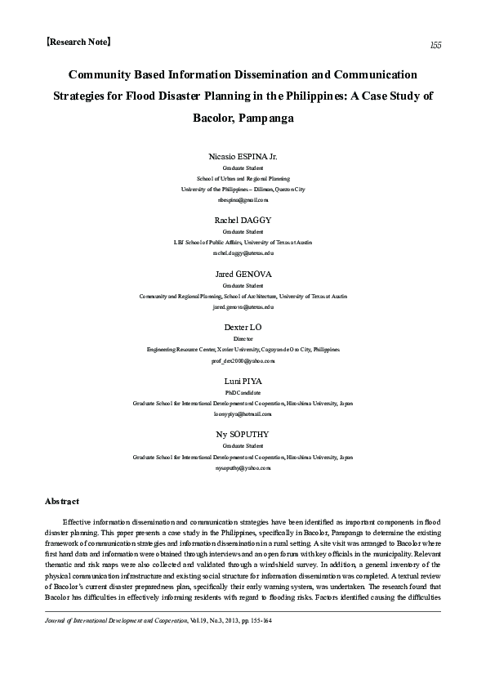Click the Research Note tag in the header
pos(79,40)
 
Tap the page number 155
pos(435,45)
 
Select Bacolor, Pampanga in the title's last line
pos(243,118)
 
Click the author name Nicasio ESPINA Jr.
pos(243,154)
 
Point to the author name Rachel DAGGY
pos(243,220)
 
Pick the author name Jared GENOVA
pos(243,274)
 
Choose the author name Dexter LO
pos(243,328)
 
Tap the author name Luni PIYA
pos(243,382)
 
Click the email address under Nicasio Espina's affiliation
pos(243,199)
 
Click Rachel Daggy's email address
pos(243,253)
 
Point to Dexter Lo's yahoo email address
pos(243,360)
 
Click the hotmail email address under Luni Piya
pos(243,414)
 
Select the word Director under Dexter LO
pos(243,338)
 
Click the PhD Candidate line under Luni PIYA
pos(243,392)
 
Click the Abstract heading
pos(61,500)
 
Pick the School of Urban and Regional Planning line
pos(243,177)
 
